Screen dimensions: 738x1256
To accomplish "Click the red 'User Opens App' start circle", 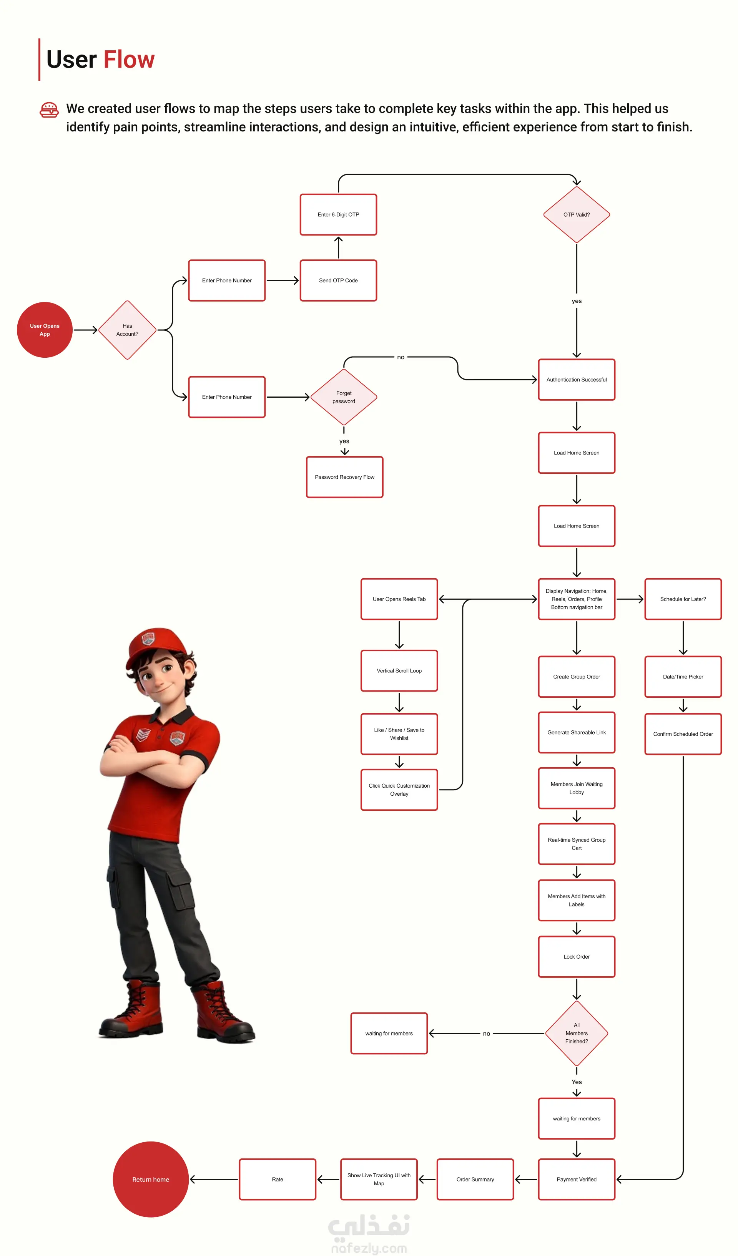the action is (45, 330).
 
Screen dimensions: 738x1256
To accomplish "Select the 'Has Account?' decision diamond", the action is (128, 330).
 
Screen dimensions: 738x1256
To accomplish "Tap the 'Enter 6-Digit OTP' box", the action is (339, 215).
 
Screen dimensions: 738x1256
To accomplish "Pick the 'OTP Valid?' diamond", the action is (577, 215).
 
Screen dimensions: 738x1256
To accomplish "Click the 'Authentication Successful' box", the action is (577, 380).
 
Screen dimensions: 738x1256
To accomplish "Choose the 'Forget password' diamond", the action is (344, 397).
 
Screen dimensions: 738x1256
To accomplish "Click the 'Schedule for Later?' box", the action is (683, 599).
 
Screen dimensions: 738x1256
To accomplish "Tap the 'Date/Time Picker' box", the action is (683, 677).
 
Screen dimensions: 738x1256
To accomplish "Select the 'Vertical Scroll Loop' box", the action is (399, 671).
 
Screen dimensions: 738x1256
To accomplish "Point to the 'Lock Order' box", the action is (577, 957).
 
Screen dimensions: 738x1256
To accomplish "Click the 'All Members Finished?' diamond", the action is (577, 1033).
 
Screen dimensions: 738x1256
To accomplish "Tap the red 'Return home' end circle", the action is (151, 1179).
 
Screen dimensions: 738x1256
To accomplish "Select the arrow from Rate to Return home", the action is (214, 1179).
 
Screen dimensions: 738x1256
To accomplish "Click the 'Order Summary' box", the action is (475, 1179).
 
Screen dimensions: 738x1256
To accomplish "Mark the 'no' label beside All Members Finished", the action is (486, 1034).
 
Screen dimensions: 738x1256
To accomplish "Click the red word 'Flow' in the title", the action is (129, 60).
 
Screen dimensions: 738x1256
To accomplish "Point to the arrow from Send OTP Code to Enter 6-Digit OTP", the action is (339, 248).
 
